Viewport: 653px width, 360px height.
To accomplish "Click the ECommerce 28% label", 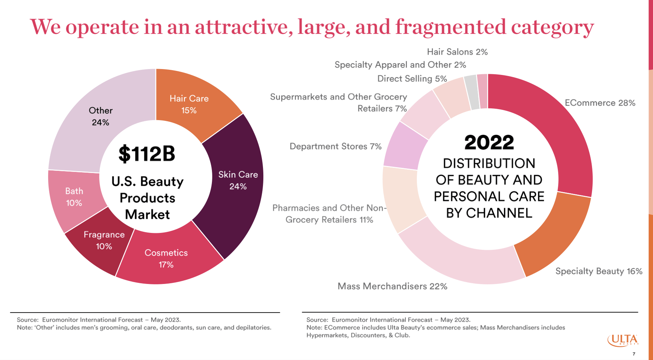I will click(x=600, y=103).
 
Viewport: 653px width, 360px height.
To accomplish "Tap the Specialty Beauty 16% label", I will click(x=599, y=271).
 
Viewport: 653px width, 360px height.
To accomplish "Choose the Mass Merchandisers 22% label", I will click(x=392, y=286).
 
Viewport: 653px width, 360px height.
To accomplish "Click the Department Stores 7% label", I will click(x=335, y=146).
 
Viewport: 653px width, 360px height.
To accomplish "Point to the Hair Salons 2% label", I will click(x=457, y=52).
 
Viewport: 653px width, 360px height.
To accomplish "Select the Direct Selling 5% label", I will click(x=412, y=79).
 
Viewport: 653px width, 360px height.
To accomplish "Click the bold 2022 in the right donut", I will click(x=489, y=143).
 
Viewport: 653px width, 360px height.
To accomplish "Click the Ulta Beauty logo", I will click(x=623, y=340).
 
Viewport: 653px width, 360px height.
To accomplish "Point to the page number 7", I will click(x=634, y=354).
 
